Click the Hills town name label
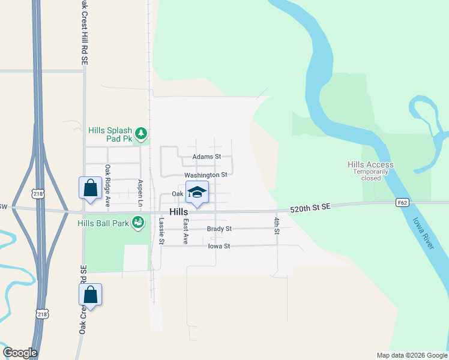tap(179, 212)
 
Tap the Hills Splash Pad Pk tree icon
tap(141, 133)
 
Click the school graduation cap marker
tap(197, 193)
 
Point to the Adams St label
tap(206, 157)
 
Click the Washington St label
tap(206, 175)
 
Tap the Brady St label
tap(219, 229)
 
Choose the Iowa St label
tap(218, 246)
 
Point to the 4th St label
tap(277, 226)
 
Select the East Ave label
tap(186, 231)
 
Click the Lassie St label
tap(161, 231)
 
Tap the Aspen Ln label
tap(140, 190)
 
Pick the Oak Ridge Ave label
tap(107, 186)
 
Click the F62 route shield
tap(402, 203)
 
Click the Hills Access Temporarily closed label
tap(370, 171)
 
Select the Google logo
tap(20, 353)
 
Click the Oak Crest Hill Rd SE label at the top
tap(84, 33)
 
